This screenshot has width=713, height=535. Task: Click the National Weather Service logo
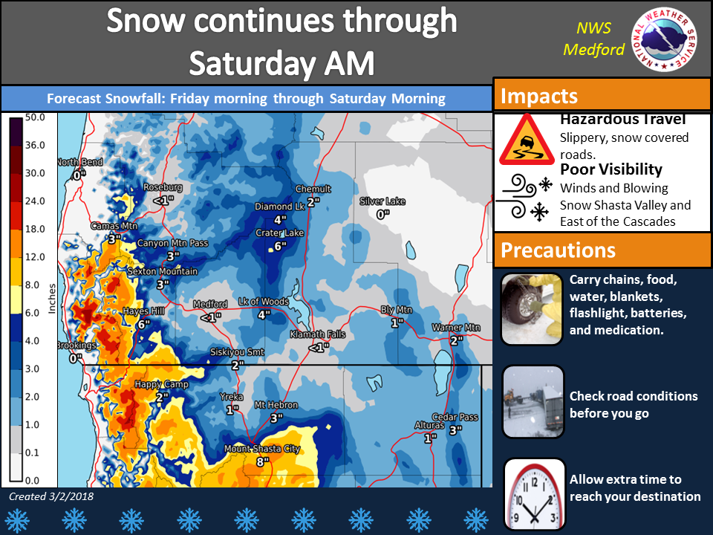(x=664, y=39)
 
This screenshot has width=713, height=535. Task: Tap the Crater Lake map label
(x=280, y=233)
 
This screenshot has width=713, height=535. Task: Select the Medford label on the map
(x=210, y=304)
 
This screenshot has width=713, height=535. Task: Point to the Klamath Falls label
(x=318, y=334)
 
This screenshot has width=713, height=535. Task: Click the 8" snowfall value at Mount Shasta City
(x=263, y=461)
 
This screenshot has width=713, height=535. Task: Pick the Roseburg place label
(x=163, y=187)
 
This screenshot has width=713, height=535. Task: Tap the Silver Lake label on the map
(x=382, y=201)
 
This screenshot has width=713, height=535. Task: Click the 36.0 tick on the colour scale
(x=35, y=145)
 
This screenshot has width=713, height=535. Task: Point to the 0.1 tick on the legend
(x=32, y=453)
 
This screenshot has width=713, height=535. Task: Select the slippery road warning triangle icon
(x=527, y=140)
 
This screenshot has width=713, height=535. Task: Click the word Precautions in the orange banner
(x=558, y=250)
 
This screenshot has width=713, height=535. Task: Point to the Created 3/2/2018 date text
(x=51, y=496)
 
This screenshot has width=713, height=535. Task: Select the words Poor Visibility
(x=611, y=169)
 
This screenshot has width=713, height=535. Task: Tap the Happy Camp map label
(x=161, y=384)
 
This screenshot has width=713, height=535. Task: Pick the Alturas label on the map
(x=429, y=425)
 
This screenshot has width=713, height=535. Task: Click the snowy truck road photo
(x=533, y=402)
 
